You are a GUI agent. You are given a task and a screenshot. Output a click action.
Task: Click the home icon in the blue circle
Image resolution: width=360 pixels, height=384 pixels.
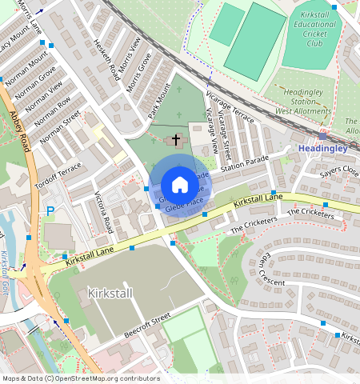pyautogui.click(x=180, y=185)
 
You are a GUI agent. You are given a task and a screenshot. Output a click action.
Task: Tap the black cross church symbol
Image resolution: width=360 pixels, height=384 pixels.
pyautogui.click(x=176, y=140)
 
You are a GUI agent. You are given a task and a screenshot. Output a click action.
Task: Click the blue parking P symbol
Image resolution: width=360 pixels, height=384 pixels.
pyautogui.click(x=50, y=211)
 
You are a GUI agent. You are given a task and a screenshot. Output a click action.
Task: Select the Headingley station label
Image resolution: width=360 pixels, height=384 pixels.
pyautogui.click(x=322, y=149)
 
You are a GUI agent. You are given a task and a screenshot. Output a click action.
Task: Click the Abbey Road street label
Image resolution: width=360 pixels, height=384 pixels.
pyautogui.click(x=19, y=129)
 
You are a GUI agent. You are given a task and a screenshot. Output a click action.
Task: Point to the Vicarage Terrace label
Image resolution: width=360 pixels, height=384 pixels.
pyautogui.click(x=229, y=107)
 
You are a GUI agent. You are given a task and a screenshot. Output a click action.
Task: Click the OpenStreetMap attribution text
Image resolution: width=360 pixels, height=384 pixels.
pyautogui.click(x=80, y=378)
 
